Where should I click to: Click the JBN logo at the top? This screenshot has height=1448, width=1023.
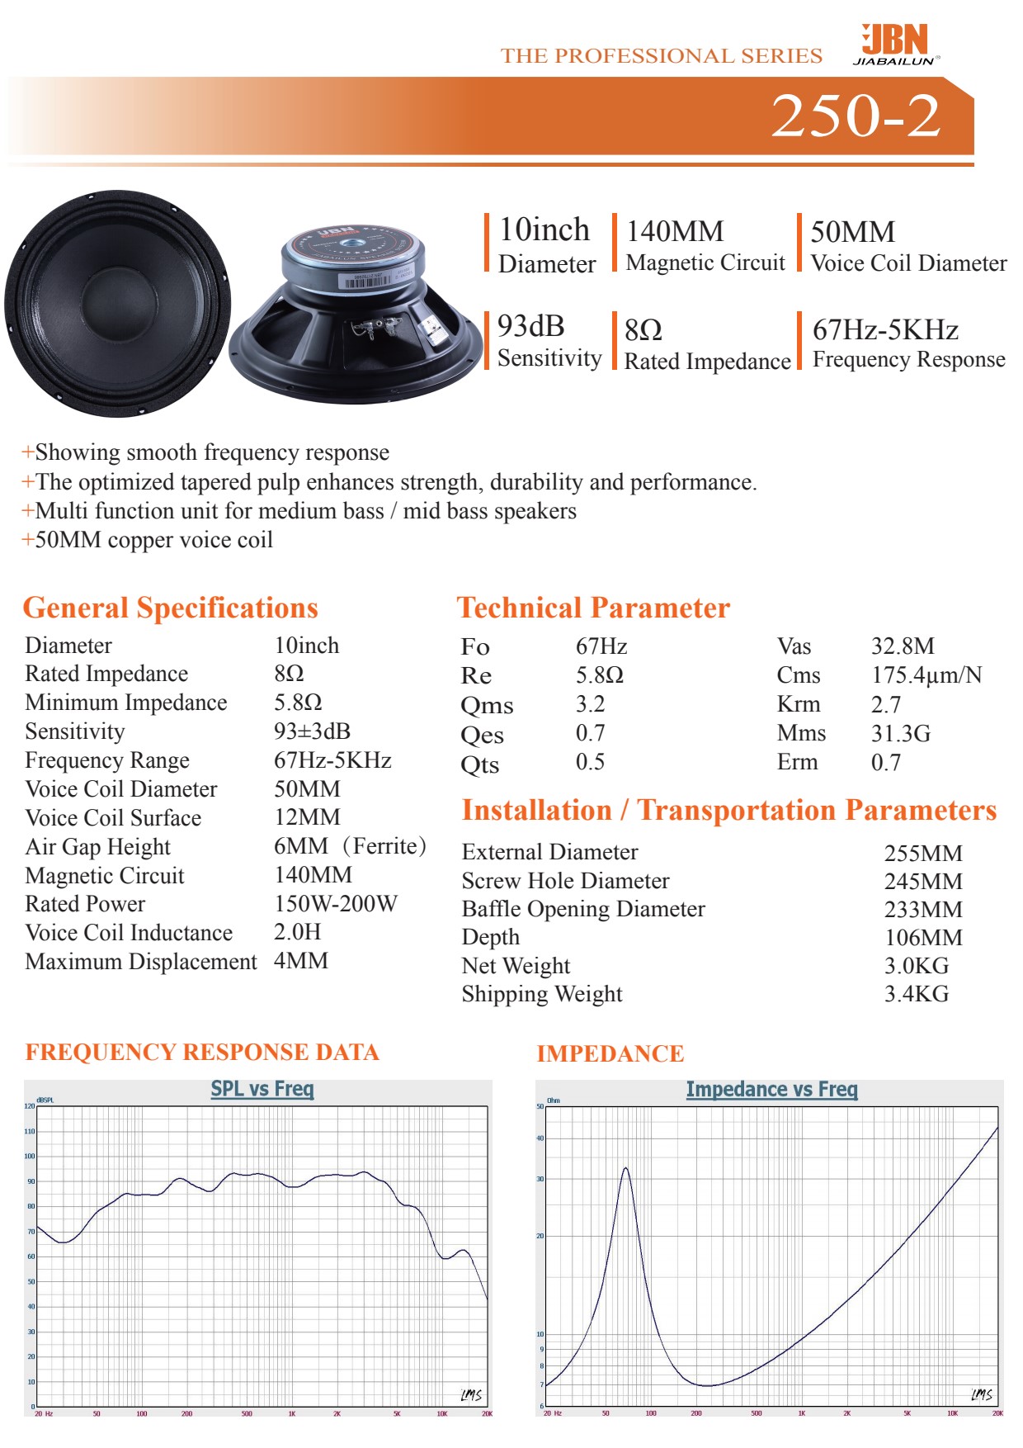pyautogui.click(x=895, y=43)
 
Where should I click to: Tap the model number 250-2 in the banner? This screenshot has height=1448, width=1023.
pyautogui.click(x=856, y=116)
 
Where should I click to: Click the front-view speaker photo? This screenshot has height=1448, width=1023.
pyautogui.click(x=117, y=304)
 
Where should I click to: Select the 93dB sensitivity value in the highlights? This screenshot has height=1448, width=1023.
pyautogui.click(x=530, y=327)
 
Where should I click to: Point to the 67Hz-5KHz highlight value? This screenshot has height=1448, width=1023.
pyautogui.click(x=885, y=330)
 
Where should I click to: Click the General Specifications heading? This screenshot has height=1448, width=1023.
pyautogui.click(x=170, y=608)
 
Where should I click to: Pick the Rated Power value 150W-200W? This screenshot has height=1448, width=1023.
pyautogui.click(x=336, y=904)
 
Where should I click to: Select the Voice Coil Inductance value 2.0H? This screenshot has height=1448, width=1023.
pyautogui.click(x=298, y=932)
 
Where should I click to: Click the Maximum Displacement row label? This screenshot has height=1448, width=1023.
pyautogui.click(x=141, y=962)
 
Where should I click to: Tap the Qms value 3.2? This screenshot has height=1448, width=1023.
pyautogui.click(x=590, y=704)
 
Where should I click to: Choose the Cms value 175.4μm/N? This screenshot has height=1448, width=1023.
pyautogui.click(x=926, y=675)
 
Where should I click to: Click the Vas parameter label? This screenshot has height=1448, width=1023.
pyautogui.click(x=794, y=646)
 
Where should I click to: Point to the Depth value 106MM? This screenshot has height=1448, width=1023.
pyautogui.click(x=923, y=938)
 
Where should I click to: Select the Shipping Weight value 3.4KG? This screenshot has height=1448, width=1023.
pyautogui.click(x=917, y=994)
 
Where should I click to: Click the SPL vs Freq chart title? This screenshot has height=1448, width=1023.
pyautogui.click(x=262, y=1089)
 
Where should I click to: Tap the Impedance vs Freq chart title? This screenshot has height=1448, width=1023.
pyautogui.click(x=771, y=1090)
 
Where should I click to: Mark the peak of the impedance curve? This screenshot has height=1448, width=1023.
pyautogui.click(x=625, y=1168)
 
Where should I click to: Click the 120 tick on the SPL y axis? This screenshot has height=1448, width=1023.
pyautogui.click(x=30, y=1106)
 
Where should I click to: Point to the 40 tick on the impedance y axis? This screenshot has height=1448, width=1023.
pyautogui.click(x=540, y=1138)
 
